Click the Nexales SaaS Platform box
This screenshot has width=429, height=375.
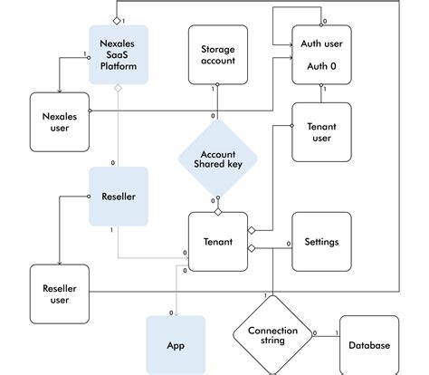click(x=118, y=54)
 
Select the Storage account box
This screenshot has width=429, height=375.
click(x=218, y=55)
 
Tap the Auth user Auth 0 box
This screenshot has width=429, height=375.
click(x=320, y=55)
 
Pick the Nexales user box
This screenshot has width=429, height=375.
click(x=59, y=121)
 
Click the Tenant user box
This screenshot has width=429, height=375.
click(x=320, y=131)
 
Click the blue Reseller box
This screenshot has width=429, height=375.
click(x=118, y=196)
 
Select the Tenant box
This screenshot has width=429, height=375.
click(x=218, y=242)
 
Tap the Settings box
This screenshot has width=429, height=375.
click(x=320, y=242)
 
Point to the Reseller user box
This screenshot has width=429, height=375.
click(x=59, y=293)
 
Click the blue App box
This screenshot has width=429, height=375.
click(x=176, y=345)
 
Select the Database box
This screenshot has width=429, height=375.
click(x=368, y=345)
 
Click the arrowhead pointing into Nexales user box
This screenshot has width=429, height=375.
click(x=59, y=89)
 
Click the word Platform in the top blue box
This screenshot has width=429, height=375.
click(x=118, y=66)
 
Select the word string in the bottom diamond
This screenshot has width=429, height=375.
click(x=272, y=341)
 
